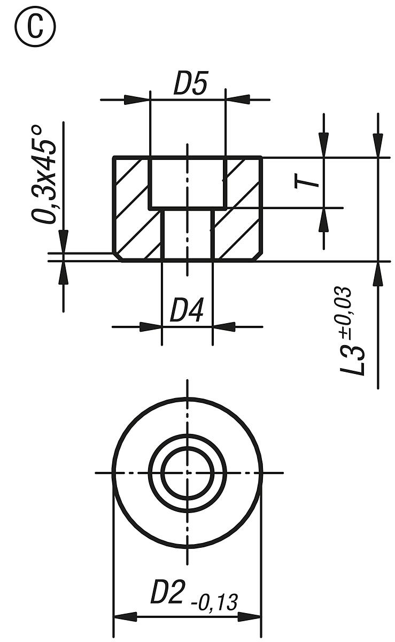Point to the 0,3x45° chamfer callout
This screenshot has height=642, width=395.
tap(45, 174)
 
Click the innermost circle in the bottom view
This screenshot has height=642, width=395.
tap(187, 472)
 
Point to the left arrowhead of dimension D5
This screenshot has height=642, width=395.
tap(137, 100)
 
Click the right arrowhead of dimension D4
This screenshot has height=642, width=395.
tap(224, 326)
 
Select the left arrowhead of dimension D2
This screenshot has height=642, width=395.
tap(125, 617)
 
